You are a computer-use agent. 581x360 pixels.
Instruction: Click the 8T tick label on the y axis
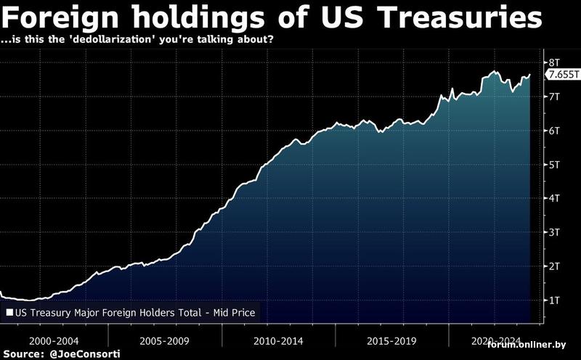(x=553, y=62)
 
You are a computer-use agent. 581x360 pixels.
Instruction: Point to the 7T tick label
(x=553, y=97)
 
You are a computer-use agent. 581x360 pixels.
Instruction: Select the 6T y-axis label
(x=553, y=131)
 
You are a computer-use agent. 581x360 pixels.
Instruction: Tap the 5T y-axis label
(x=553, y=165)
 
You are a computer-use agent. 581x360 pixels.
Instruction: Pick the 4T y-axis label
(x=553, y=198)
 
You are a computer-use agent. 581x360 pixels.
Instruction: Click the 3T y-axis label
(x=553, y=232)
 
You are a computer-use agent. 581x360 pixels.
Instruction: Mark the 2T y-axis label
(x=553, y=266)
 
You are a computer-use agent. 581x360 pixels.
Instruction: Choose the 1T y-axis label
(x=553, y=300)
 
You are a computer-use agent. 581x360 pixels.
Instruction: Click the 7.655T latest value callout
(x=563, y=75)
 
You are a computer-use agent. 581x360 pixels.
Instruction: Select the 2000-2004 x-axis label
(x=54, y=340)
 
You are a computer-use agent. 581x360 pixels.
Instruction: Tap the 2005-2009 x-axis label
(x=166, y=340)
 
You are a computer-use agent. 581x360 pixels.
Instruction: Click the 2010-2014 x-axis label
(x=279, y=340)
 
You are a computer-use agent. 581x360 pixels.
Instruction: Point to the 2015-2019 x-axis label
(x=391, y=340)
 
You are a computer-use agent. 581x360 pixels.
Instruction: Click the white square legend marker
(x=10, y=314)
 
